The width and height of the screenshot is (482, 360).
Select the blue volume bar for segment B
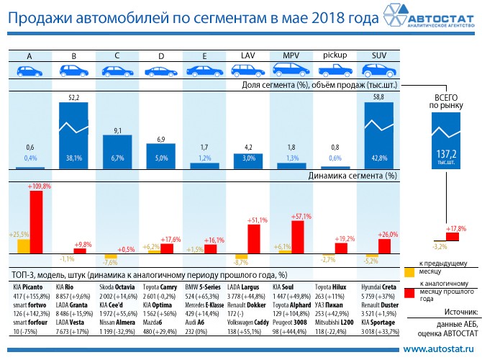coord(74,135)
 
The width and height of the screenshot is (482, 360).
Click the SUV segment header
coord(378,55)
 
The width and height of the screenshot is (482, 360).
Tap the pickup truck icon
coord(335,71)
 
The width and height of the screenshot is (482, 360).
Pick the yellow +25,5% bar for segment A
coord(24,246)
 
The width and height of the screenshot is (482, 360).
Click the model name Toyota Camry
coord(164,287)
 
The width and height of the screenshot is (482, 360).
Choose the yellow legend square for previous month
coord(409,272)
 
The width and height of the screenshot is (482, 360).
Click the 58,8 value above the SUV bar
coord(378,96)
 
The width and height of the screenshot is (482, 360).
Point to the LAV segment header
coord(248,55)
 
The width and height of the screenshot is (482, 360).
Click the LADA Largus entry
coord(251,287)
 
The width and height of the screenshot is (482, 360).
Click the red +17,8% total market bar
coord(453,235)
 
